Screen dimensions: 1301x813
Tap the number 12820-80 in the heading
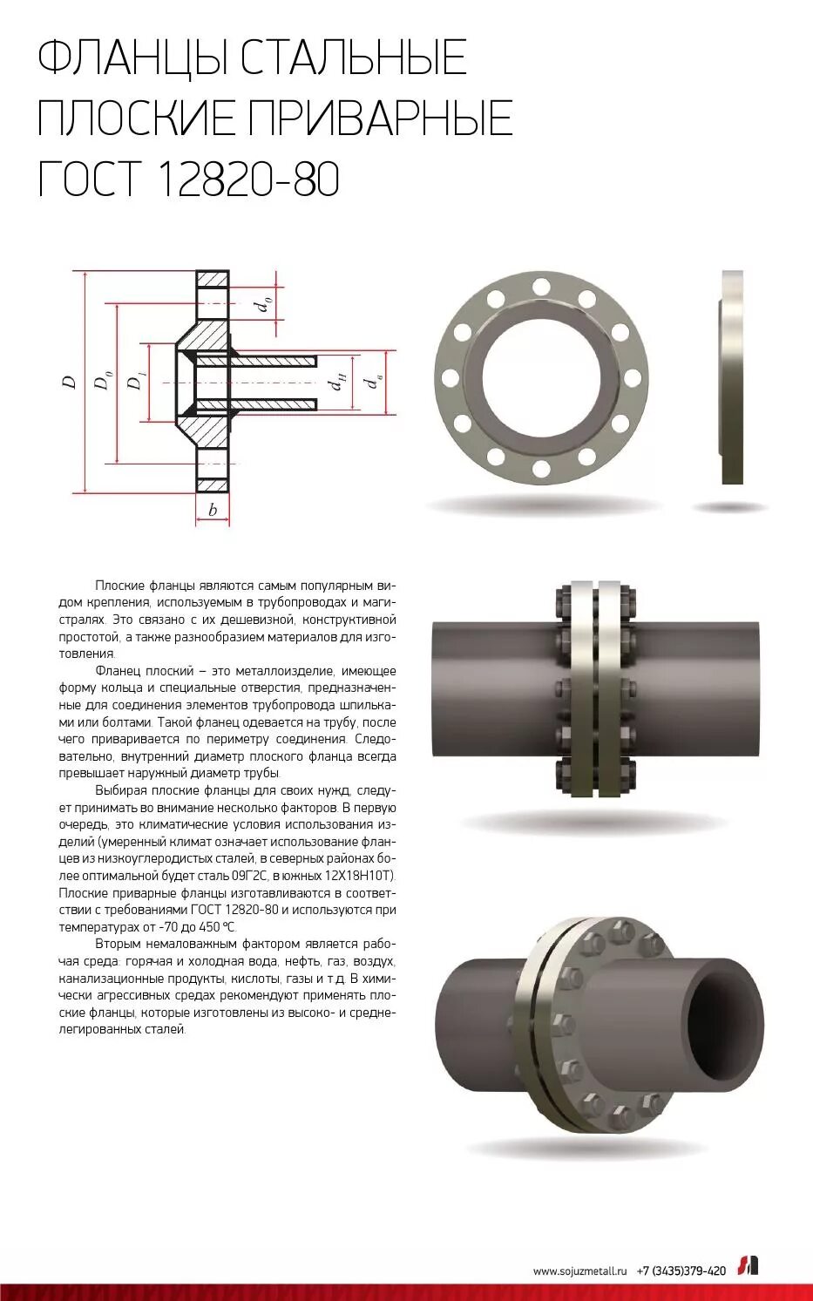pyautogui.click(x=248, y=180)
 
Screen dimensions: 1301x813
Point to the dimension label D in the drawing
pyautogui.click(x=69, y=382)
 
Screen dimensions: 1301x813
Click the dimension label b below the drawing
pyautogui.click(x=213, y=511)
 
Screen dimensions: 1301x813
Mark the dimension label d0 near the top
pyautogui.click(x=261, y=305)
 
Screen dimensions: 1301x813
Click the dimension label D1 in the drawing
pyautogui.click(x=135, y=382)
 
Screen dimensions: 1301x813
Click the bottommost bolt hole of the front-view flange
pyautogui.click(x=541, y=470)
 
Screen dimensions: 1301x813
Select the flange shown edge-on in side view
pyautogui.click(x=732, y=377)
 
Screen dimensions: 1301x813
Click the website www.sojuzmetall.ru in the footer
pyautogui.click(x=579, y=1271)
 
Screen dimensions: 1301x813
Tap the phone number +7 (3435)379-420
pyautogui.click(x=681, y=1271)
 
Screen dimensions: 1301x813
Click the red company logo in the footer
pyautogui.click(x=749, y=1265)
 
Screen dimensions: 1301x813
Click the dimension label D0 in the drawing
pyautogui.click(x=103, y=382)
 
